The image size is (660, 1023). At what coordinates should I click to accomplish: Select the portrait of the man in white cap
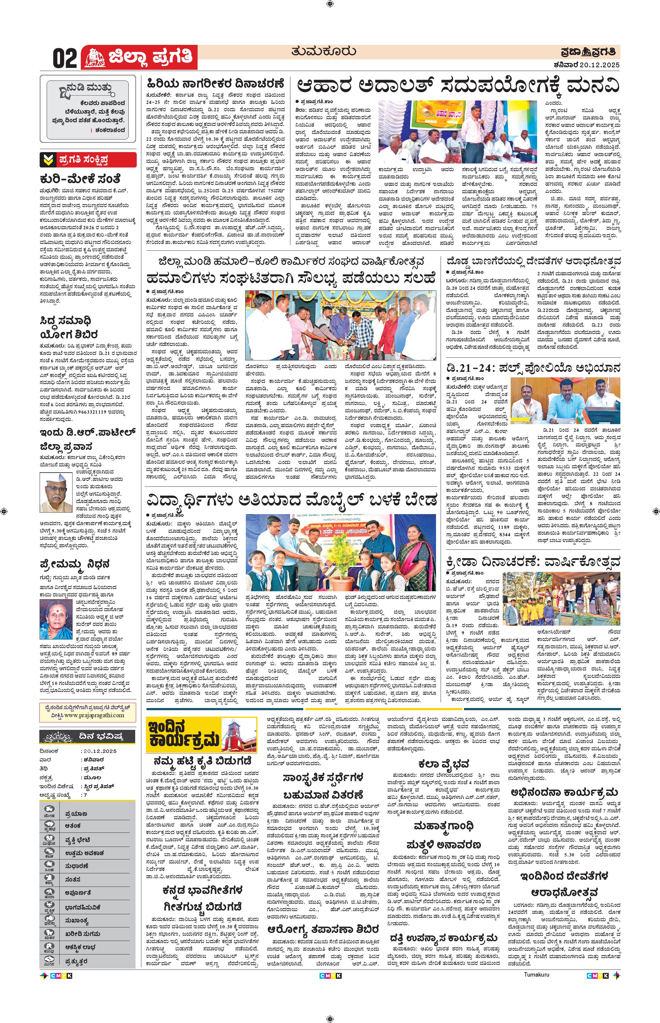click(x=56, y=492)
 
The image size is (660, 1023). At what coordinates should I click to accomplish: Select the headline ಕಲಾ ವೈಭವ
click(x=444, y=764)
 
